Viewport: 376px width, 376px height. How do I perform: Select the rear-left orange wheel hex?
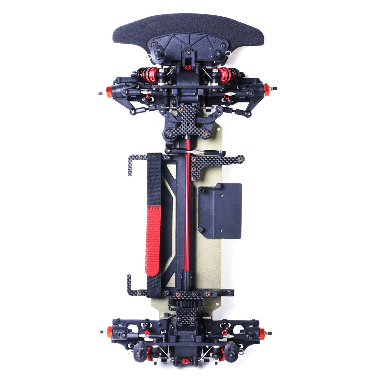click(x=110, y=332)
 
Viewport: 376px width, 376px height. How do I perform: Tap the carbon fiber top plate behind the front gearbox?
click(x=188, y=122)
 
